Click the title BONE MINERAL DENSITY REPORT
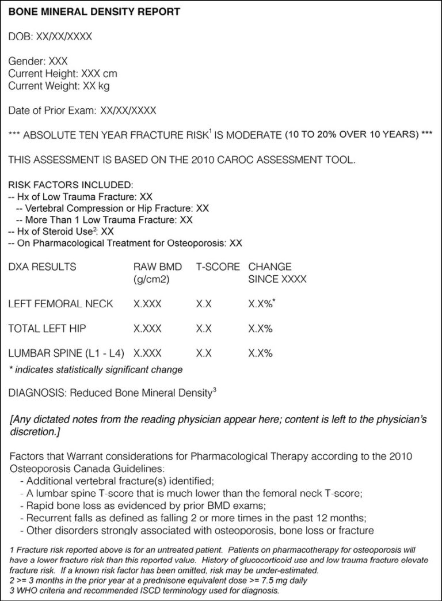click(94, 12)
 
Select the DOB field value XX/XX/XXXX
click(64, 36)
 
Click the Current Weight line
click(59, 86)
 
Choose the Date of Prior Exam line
click(82, 110)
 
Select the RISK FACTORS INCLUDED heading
click(70, 185)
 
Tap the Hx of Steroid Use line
click(61, 231)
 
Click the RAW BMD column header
click(158, 267)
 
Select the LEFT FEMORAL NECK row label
click(60, 303)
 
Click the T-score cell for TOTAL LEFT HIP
click(204, 328)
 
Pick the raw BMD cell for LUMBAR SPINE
click(147, 353)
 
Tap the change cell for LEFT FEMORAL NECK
click(260, 303)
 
